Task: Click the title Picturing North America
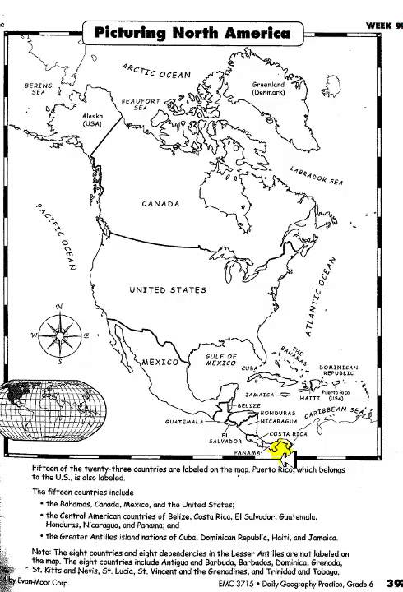[193, 33]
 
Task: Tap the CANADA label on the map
[160, 204]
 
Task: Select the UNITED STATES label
[168, 290]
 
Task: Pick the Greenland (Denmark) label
[268, 88]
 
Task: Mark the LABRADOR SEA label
[316, 177]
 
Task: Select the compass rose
[60, 335]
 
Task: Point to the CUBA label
[250, 368]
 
